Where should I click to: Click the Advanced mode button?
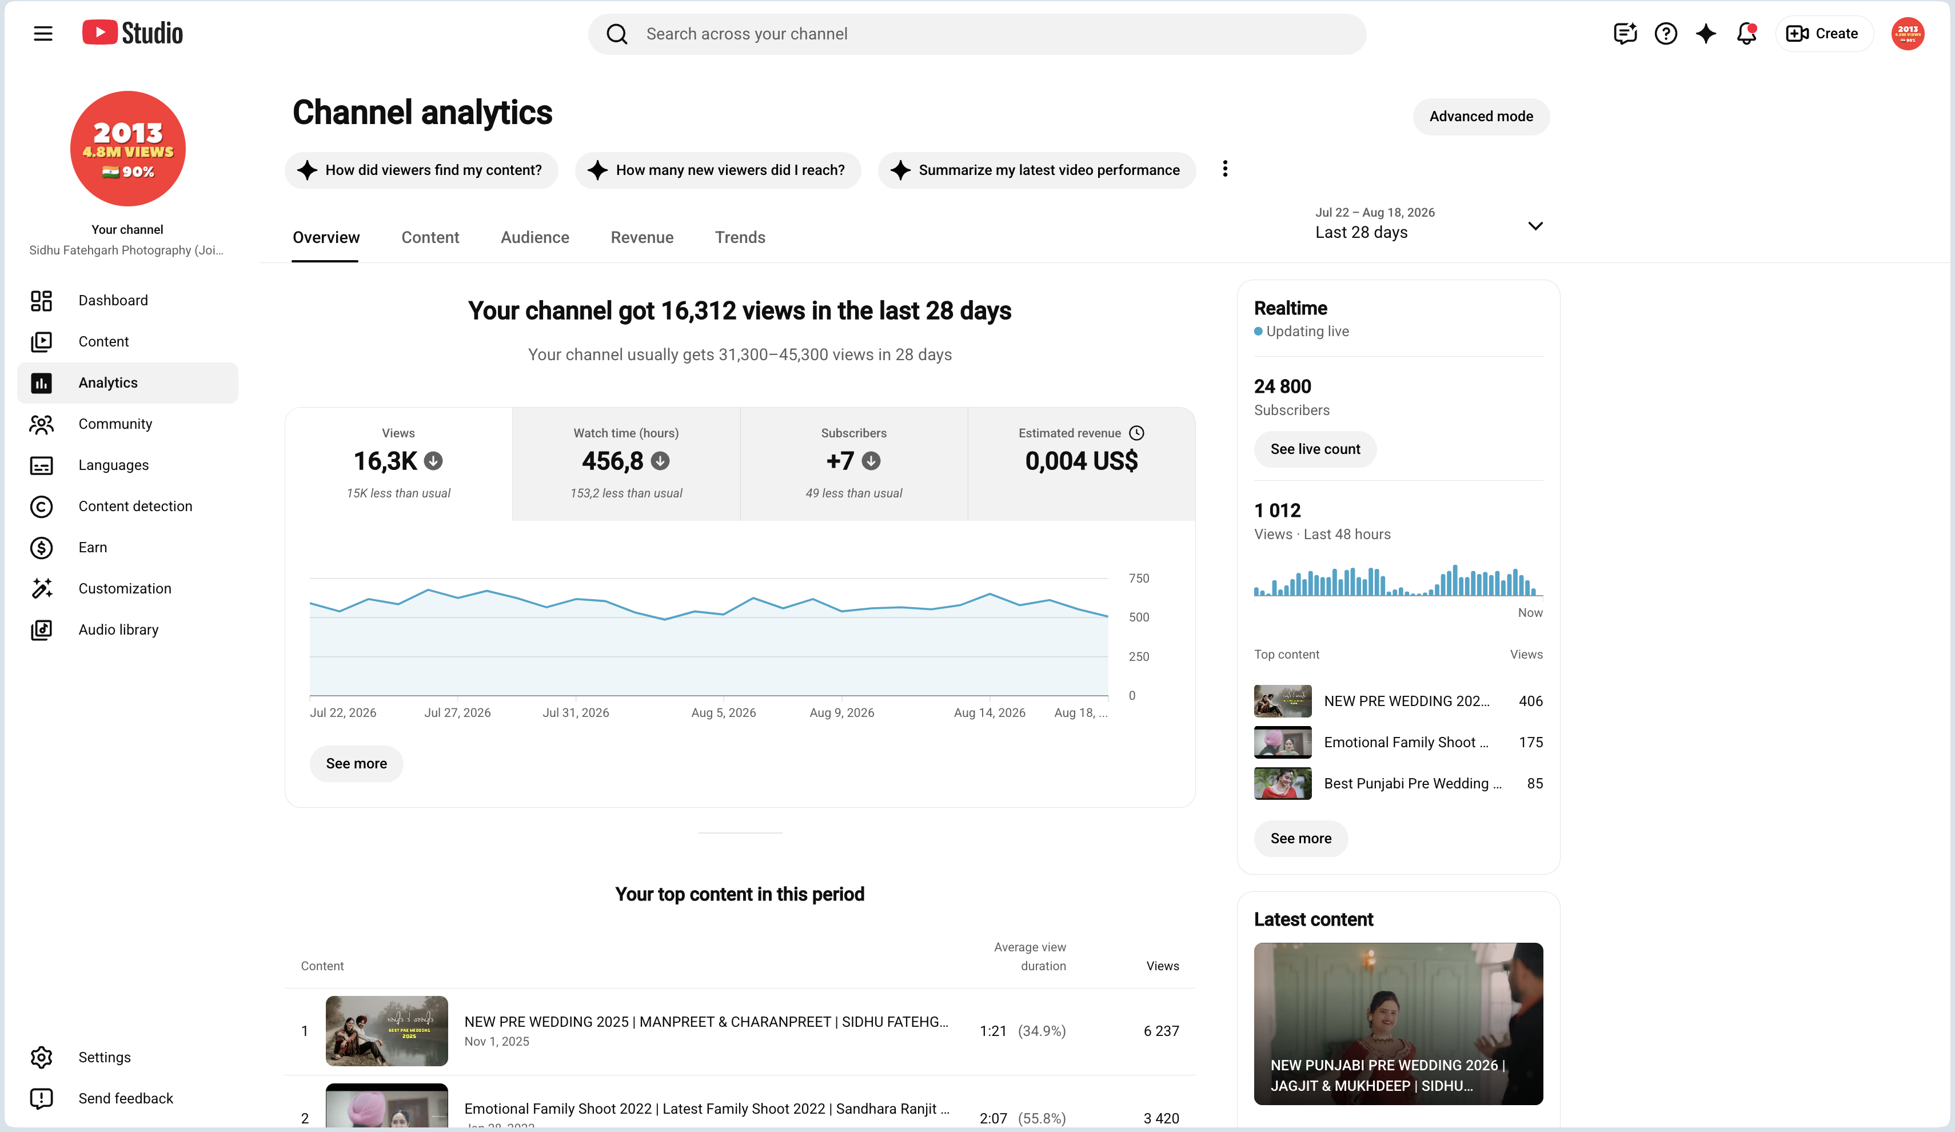click(1480, 117)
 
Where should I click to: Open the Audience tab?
click(534, 237)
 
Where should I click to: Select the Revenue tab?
click(641, 237)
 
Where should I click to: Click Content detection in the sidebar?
click(135, 506)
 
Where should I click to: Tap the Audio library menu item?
click(118, 629)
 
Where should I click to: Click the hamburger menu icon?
click(43, 33)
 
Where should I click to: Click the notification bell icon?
click(1746, 33)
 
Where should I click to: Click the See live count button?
click(1315, 449)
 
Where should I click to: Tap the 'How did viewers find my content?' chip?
click(421, 170)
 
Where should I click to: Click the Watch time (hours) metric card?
click(626, 463)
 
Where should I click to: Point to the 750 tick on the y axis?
click(1139, 578)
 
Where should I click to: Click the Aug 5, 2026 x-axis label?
click(723, 712)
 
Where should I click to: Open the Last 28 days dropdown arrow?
click(1534, 226)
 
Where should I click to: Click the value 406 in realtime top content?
click(1530, 700)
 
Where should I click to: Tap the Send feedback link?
click(126, 1098)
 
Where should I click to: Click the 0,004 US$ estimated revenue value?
click(1082, 461)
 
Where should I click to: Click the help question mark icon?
click(1665, 33)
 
